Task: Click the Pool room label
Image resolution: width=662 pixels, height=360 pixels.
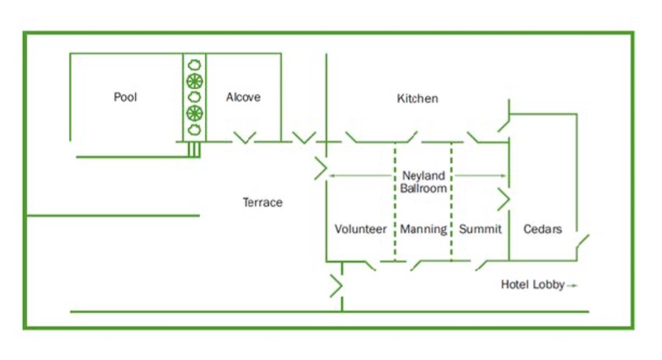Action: coord(125,97)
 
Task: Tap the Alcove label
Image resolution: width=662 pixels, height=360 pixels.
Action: coord(243,97)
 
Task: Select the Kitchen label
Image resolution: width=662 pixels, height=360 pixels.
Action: coord(417,99)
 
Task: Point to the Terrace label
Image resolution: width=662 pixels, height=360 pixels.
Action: coord(262,203)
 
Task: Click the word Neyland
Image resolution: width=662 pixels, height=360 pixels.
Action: coord(424,176)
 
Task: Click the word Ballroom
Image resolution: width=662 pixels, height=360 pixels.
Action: coord(424,189)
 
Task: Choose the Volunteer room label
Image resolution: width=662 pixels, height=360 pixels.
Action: coord(361,230)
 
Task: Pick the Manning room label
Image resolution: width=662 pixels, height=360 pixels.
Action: coord(423,230)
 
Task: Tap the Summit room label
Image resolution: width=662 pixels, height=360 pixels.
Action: coord(480,230)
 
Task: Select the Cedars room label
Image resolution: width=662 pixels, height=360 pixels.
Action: coord(542,230)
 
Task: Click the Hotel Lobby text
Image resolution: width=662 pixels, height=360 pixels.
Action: coord(532,285)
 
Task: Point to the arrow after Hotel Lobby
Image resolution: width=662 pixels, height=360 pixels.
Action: coord(572,285)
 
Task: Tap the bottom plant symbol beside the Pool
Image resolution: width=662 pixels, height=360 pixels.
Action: coord(194,130)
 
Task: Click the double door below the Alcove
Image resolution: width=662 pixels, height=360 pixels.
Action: coord(245,138)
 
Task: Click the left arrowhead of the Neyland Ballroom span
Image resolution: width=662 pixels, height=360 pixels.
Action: coord(331,175)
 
